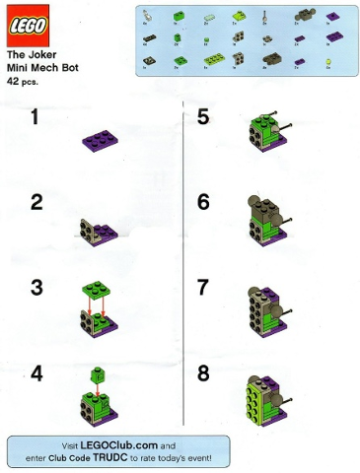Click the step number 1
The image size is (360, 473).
(x=36, y=119)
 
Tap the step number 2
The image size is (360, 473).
(x=36, y=203)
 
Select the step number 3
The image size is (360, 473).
(x=36, y=288)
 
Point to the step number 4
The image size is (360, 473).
(x=36, y=373)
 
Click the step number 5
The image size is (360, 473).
(x=204, y=117)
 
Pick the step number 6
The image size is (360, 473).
(x=204, y=202)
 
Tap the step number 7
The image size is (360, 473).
(x=204, y=288)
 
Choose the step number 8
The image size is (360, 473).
(x=204, y=373)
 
